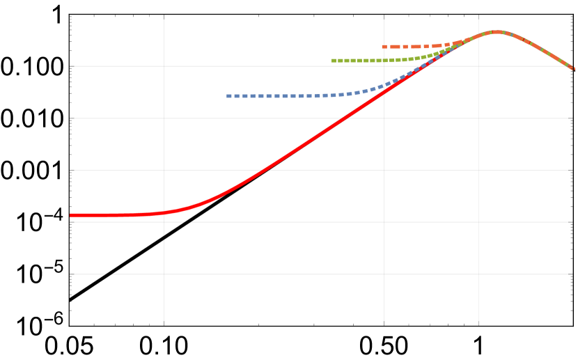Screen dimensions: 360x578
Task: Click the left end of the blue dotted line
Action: coord(227,96)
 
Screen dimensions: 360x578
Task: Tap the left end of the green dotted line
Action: coord(333,61)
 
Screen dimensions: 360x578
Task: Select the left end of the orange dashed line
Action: coord(382,47)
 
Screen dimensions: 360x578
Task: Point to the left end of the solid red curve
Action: coord(70,215)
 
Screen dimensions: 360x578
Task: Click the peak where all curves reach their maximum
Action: coord(497,31)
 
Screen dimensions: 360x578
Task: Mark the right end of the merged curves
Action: coord(573,68)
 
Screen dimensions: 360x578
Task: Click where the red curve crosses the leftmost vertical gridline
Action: coord(164,212)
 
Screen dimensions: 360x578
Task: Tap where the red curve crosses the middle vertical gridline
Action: coord(384,91)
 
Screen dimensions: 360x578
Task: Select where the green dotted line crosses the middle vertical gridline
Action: coord(384,61)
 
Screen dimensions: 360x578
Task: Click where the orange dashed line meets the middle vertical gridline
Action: coord(384,47)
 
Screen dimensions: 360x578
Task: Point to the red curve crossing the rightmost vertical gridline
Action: coord(478,36)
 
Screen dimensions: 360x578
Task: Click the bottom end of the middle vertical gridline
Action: coord(384,321)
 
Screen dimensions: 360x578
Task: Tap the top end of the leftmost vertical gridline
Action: coord(164,19)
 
